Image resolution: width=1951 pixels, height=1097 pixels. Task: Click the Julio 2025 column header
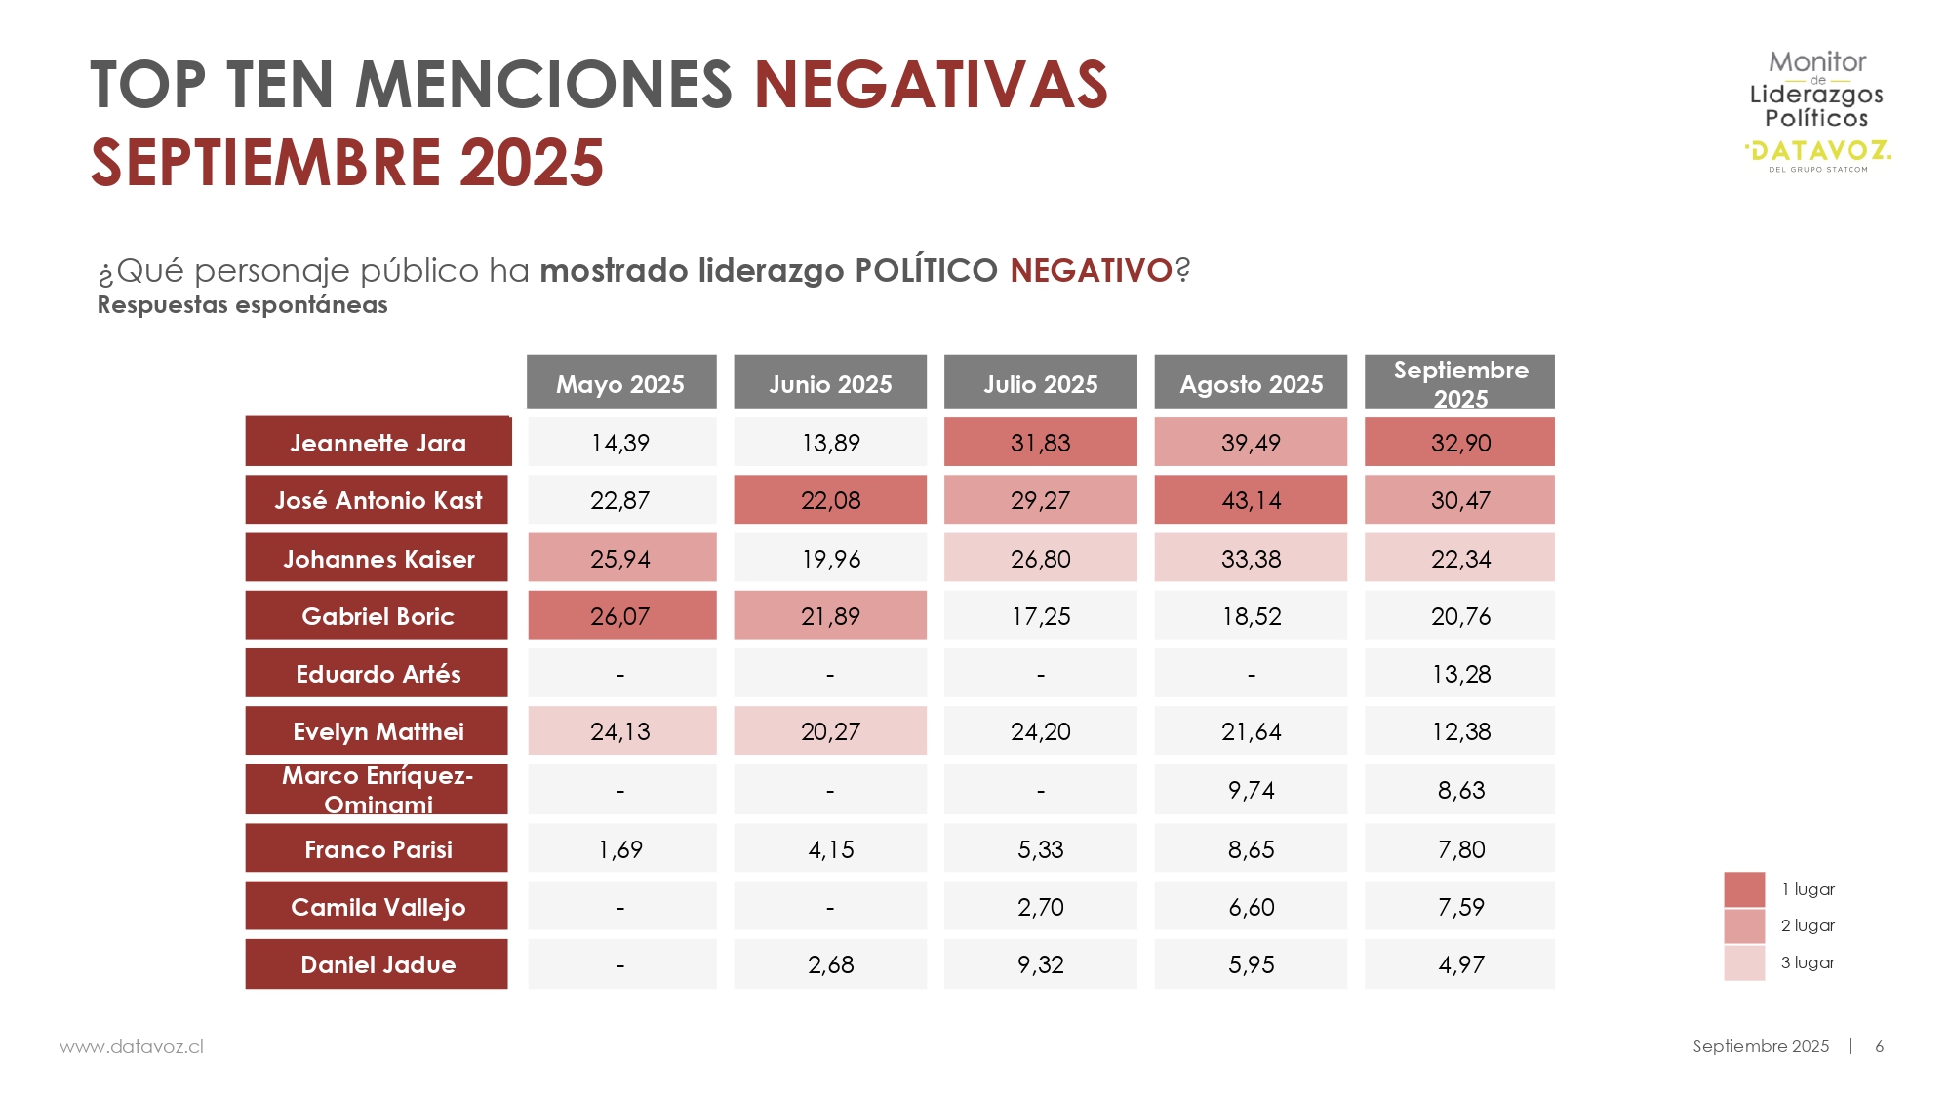pyautogui.click(x=1040, y=383)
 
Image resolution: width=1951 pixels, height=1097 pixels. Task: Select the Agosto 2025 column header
pyautogui.click(x=1251, y=383)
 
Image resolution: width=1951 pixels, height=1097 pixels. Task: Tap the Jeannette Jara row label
pyautogui.click(x=378, y=443)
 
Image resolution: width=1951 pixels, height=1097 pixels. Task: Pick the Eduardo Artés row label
pyautogui.click(x=378, y=674)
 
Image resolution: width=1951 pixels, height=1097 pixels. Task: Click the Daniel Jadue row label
pyautogui.click(x=378, y=964)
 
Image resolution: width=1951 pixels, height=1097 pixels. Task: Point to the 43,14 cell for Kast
pyautogui.click(x=1251, y=500)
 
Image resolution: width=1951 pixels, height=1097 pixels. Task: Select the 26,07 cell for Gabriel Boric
pyautogui.click(x=621, y=616)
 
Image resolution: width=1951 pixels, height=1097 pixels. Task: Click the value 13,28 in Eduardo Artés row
pyautogui.click(x=1460, y=674)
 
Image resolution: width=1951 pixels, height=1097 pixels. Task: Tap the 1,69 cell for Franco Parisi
pyautogui.click(x=621, y=849)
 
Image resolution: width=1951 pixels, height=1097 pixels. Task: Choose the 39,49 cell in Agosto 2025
pyautogui.click(x=1251, y=443)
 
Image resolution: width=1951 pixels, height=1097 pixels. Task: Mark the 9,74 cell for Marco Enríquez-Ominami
pyautogui.click(x=1251, y=790)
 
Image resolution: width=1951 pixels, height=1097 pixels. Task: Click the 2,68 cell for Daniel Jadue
pyautogui.click(x=830, y=964)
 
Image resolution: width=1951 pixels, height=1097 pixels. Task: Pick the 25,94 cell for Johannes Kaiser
pyautogui.click(x=621, y=559)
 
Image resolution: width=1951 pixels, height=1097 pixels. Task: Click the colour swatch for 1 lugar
pyautogui.click(x=1744, y=889)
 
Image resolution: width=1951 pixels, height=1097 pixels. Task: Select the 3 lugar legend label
pyautogui.click(x=1808, y=962)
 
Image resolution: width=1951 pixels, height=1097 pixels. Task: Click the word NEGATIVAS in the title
pyautogui.click(x=931, y=85)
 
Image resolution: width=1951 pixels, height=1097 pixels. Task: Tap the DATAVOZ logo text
pyautogui.click(x=1818, y=151)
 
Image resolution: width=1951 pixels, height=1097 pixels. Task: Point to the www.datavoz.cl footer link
pyautogui.click(x=132, y=1046)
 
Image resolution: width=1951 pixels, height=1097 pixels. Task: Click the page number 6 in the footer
pyautogui.click(x=1879, y=1046)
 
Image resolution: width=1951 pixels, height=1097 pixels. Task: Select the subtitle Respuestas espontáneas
pyautogui.click(x=243, y=305)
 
